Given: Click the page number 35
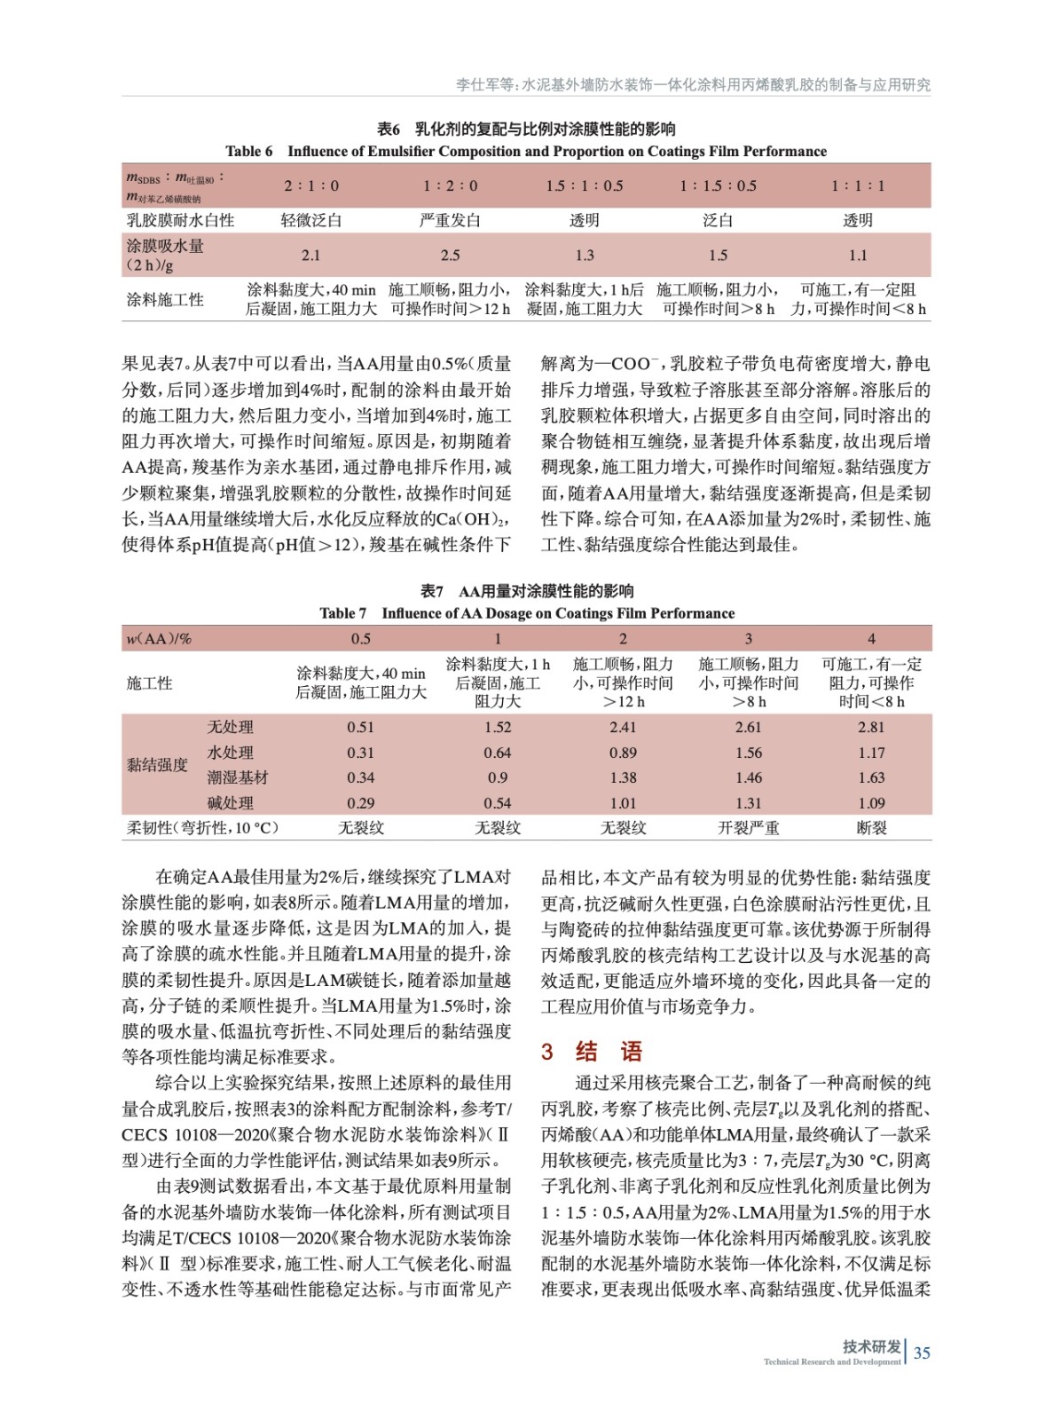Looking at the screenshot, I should point(922,1353).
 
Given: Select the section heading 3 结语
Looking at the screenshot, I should point(592,1052).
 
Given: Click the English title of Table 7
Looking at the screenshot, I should point(527,613).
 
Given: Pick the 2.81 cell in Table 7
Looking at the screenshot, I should point(871,727).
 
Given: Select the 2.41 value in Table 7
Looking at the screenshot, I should point(623,727).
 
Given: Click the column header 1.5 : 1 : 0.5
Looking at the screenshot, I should point(584,185).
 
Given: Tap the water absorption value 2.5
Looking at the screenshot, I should point(450,256).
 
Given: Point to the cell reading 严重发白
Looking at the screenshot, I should point(450,220).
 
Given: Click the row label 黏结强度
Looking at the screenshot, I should point(158,765).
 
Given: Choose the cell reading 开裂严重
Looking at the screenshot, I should point(748,828).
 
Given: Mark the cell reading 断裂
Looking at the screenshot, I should point(871,828).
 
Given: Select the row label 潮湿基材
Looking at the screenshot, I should point(238,777).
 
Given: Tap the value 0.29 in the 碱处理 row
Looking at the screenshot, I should point(360,803).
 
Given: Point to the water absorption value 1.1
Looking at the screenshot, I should point(858,256).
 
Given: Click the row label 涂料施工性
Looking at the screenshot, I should point(165,300).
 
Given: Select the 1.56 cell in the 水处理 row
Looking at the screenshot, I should point(748,753).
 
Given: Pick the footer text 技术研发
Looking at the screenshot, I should point(871,1346).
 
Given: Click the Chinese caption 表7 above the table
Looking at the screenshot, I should point(432,591).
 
